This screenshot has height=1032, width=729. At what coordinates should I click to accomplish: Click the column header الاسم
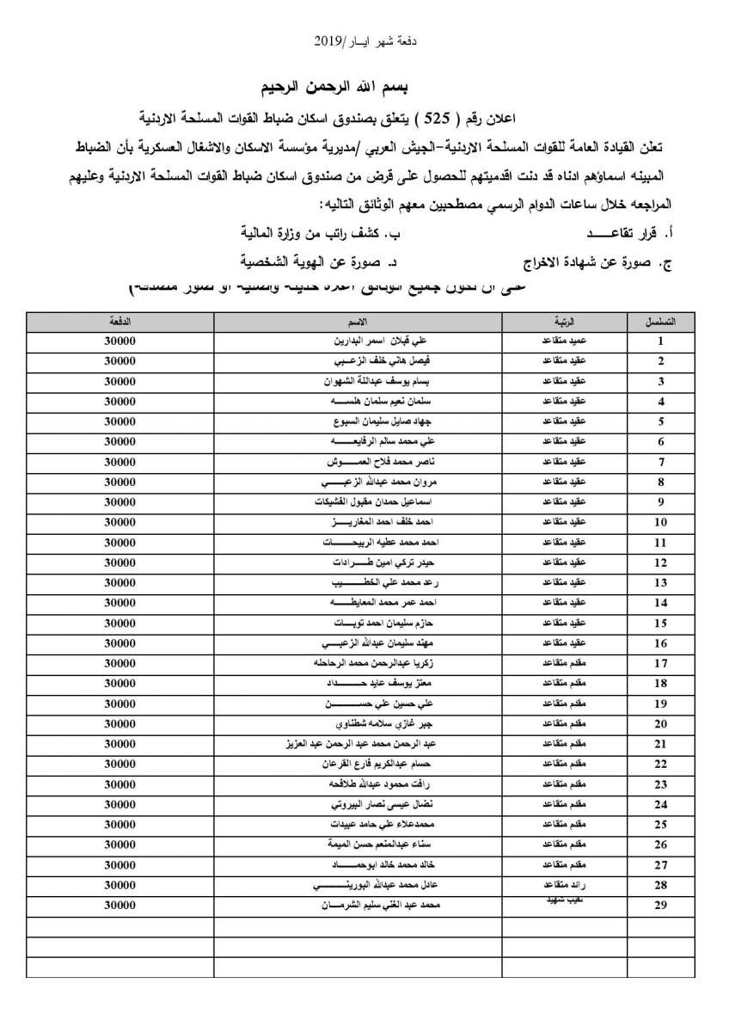pyautogui.click(x=358, y=321)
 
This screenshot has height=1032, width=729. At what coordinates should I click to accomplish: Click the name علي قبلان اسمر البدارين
pyautogui.click(x=358, y=341)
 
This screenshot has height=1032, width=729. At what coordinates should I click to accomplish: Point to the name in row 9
pyautogui.click(x=358, y=502)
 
